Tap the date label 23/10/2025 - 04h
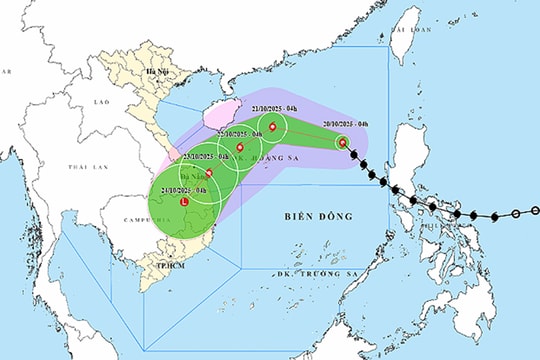point(206,158)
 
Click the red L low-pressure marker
point(183,204)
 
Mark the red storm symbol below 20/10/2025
point(342,142)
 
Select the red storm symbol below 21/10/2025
point(272,126)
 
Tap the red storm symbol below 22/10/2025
point(240,147)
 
